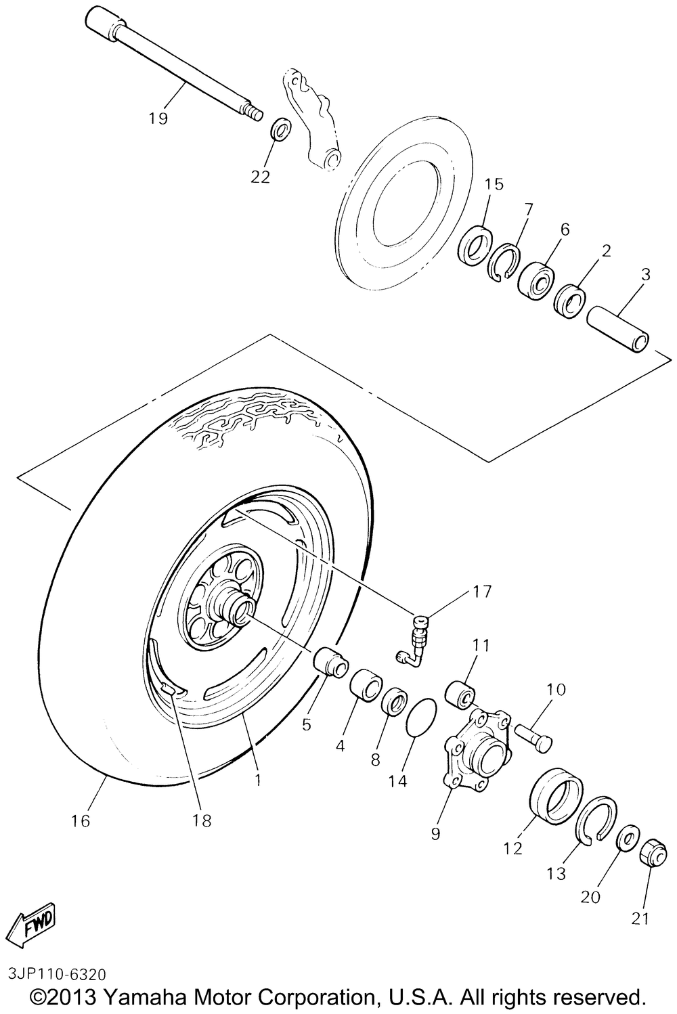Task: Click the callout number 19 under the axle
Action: [x=158, y=118]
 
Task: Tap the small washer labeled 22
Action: [x=280, y=128]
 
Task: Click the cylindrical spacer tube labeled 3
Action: [x=618, y=329]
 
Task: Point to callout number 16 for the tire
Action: [x=80, y=820]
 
